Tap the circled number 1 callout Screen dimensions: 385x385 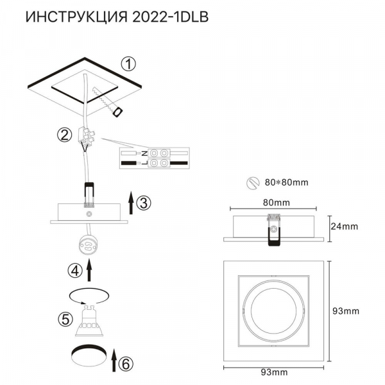[130, 64]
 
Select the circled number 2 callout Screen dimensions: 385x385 [64, 135]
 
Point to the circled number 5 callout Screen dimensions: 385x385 [64, 318]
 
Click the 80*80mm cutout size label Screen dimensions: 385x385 [286, 182]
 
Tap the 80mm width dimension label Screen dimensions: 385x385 [277, 202]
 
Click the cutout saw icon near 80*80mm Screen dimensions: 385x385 [253, 182]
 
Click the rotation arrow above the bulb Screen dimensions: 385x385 [88, 296]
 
